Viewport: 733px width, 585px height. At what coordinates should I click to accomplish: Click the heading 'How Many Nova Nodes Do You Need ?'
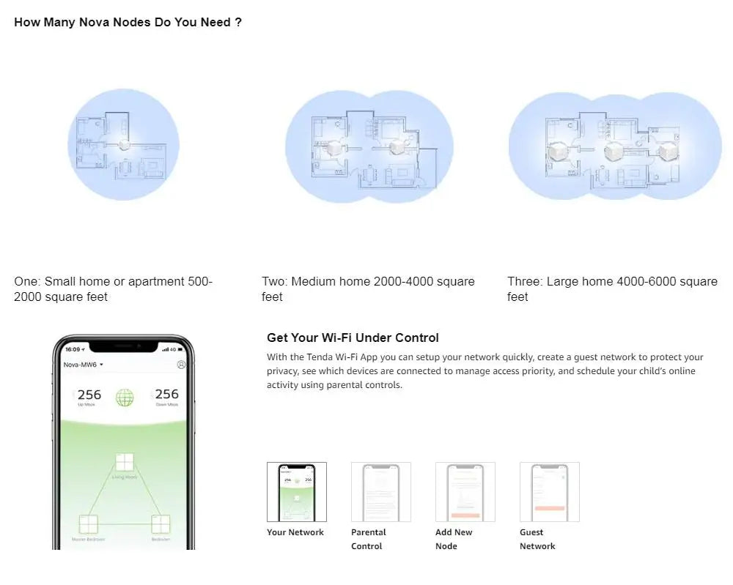pyautogui.click(x=128, y=23)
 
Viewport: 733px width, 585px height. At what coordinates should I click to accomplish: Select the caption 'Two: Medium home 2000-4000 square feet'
pyautogui.click(x=368, y=288)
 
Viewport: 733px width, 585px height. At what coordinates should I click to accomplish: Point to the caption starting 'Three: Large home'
pyautogui.click(x=612, y=288)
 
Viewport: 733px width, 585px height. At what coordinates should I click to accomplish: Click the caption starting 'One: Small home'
pyautogui.click(x=113, y=288)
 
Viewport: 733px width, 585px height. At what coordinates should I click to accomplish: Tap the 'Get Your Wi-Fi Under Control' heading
pyautogui.click(x=353, y=338)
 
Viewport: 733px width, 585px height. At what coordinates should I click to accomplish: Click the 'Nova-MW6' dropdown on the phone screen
pyautogui.click(x=84, y=364)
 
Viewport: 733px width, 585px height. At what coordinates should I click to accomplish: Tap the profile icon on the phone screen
pyautogui.click(x=181, y=364)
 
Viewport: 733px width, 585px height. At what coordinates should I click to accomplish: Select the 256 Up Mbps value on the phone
pyautogui.click(x=89, y=396)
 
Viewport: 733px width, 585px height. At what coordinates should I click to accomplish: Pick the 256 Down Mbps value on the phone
pyautogui.click(x=166, y=396)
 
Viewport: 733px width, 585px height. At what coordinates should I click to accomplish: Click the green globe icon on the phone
pyautogui.click(x=125, y=398)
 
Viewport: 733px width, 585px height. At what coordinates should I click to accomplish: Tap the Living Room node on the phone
pyautogui.click(x=125, y=463)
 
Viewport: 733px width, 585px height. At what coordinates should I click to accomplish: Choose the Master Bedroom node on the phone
pyautogui.click(x=88, y=524)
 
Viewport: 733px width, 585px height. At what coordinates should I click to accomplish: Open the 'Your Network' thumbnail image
pyautogui.click(x=297, y=492)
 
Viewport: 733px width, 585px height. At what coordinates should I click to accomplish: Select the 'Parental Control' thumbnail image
pyautogui.click(x=381, y=492)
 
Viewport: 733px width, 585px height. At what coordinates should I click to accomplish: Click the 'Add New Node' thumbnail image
pyautogui.click(x=465, y=492)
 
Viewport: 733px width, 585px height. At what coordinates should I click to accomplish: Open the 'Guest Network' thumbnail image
pyautogui.click(x=550, y=492)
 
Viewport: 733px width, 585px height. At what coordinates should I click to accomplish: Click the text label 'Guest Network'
pyautogui.click(x=537, y=539)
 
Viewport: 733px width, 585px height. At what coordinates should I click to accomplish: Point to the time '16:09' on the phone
pyautogui.click(x=72, y=349)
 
